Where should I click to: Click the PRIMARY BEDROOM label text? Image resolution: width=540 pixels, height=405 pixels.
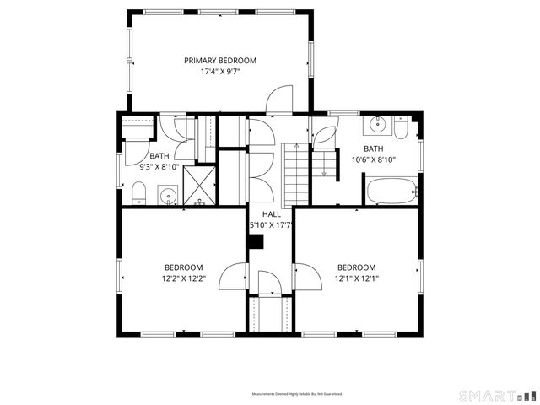pos(220,61)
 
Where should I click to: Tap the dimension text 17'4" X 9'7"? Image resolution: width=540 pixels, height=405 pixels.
pos(220,73)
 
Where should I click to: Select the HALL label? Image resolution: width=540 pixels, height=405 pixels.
pos(270,214)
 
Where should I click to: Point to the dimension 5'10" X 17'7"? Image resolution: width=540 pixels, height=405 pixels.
pos(270,225)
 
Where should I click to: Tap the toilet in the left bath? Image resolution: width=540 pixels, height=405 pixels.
pos(139,195)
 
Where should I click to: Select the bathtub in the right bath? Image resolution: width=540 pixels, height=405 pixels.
pos(391,191)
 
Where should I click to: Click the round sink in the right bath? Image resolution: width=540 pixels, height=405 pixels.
pos(377,127)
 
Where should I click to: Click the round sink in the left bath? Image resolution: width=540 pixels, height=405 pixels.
pos(170,198)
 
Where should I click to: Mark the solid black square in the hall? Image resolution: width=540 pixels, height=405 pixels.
pos(256,242)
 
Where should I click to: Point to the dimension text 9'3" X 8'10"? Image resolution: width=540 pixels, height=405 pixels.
pos(159,167)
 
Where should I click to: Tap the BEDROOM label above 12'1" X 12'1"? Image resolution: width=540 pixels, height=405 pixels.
pos(355,267)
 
